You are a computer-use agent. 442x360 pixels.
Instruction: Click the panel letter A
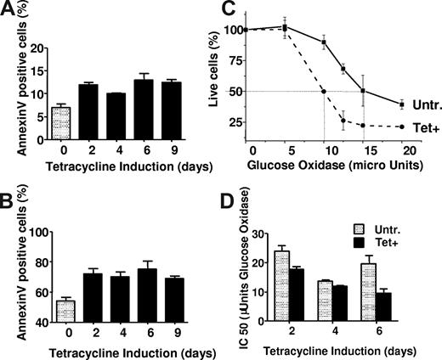8,9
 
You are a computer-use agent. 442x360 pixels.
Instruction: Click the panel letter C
226,9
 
